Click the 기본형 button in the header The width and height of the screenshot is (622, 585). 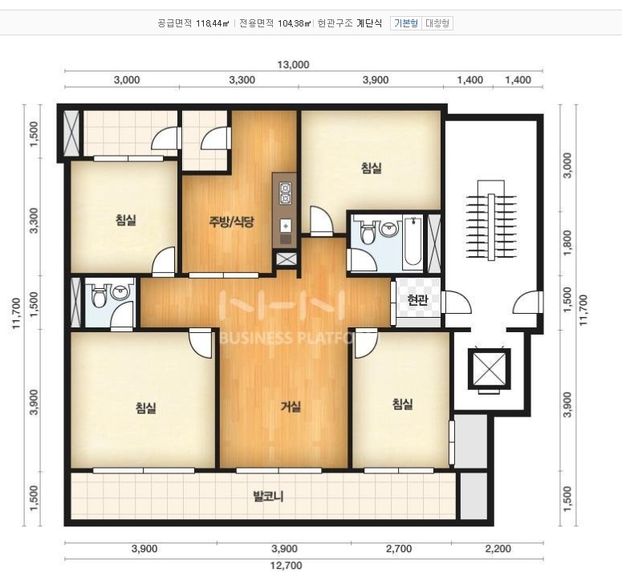point(406,23)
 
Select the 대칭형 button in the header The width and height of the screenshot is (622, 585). point(437,23)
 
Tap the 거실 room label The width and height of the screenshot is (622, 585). point(291,406)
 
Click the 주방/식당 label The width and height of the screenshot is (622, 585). point(231,221)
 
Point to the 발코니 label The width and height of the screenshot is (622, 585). point(269,496)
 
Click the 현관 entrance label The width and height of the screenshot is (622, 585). point(417,300)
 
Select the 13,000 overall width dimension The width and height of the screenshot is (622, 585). point(293,65)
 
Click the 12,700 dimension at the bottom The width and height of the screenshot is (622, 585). point(287,565)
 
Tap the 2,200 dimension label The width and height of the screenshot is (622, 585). point(498,549)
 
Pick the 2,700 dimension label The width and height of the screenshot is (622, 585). point(399,549)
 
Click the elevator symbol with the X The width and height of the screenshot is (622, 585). point(489,369)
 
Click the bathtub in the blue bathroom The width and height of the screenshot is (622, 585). point(413,242)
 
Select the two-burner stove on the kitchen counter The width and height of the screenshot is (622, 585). point(285,193)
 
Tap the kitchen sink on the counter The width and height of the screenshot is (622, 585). point(286,226)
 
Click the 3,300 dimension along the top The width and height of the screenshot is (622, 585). point(242,80)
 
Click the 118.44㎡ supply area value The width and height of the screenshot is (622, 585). point(213,23)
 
